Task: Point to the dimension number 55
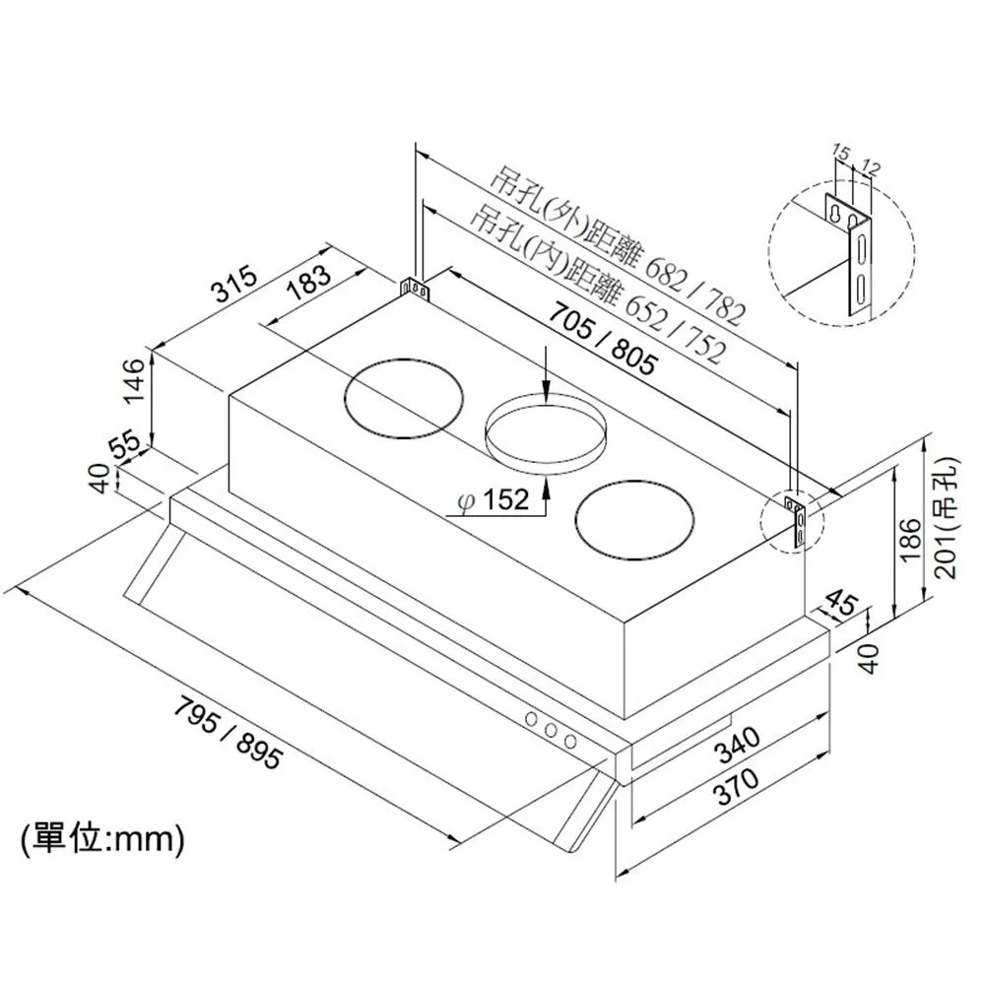pyautogui.click(x=125, y=444)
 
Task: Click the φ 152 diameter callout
pyautogui.click(x=494, y=500)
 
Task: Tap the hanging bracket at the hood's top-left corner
pyautogui.click(x=414, y=289)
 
